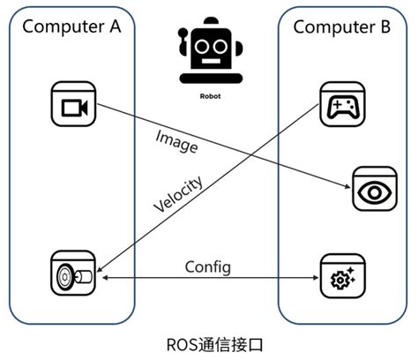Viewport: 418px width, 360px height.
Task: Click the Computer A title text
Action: [x=71, y=26]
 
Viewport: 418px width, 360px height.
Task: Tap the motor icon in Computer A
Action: [x=71, y=276]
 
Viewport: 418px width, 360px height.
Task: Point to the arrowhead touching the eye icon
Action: [x=347, y=186]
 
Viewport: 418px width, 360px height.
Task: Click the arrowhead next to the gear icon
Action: [x=314, y=278]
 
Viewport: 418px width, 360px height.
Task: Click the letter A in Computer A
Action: [x=113, y=26]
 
